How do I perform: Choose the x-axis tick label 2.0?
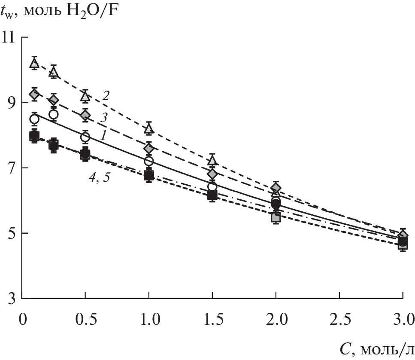click(276, 320)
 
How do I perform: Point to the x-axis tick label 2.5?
click(339, 320)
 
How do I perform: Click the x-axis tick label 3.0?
click(403, 320)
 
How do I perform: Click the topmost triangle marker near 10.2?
click(34, 63)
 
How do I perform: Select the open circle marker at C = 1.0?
click(149, 161)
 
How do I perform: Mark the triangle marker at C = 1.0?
click(149, 128)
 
